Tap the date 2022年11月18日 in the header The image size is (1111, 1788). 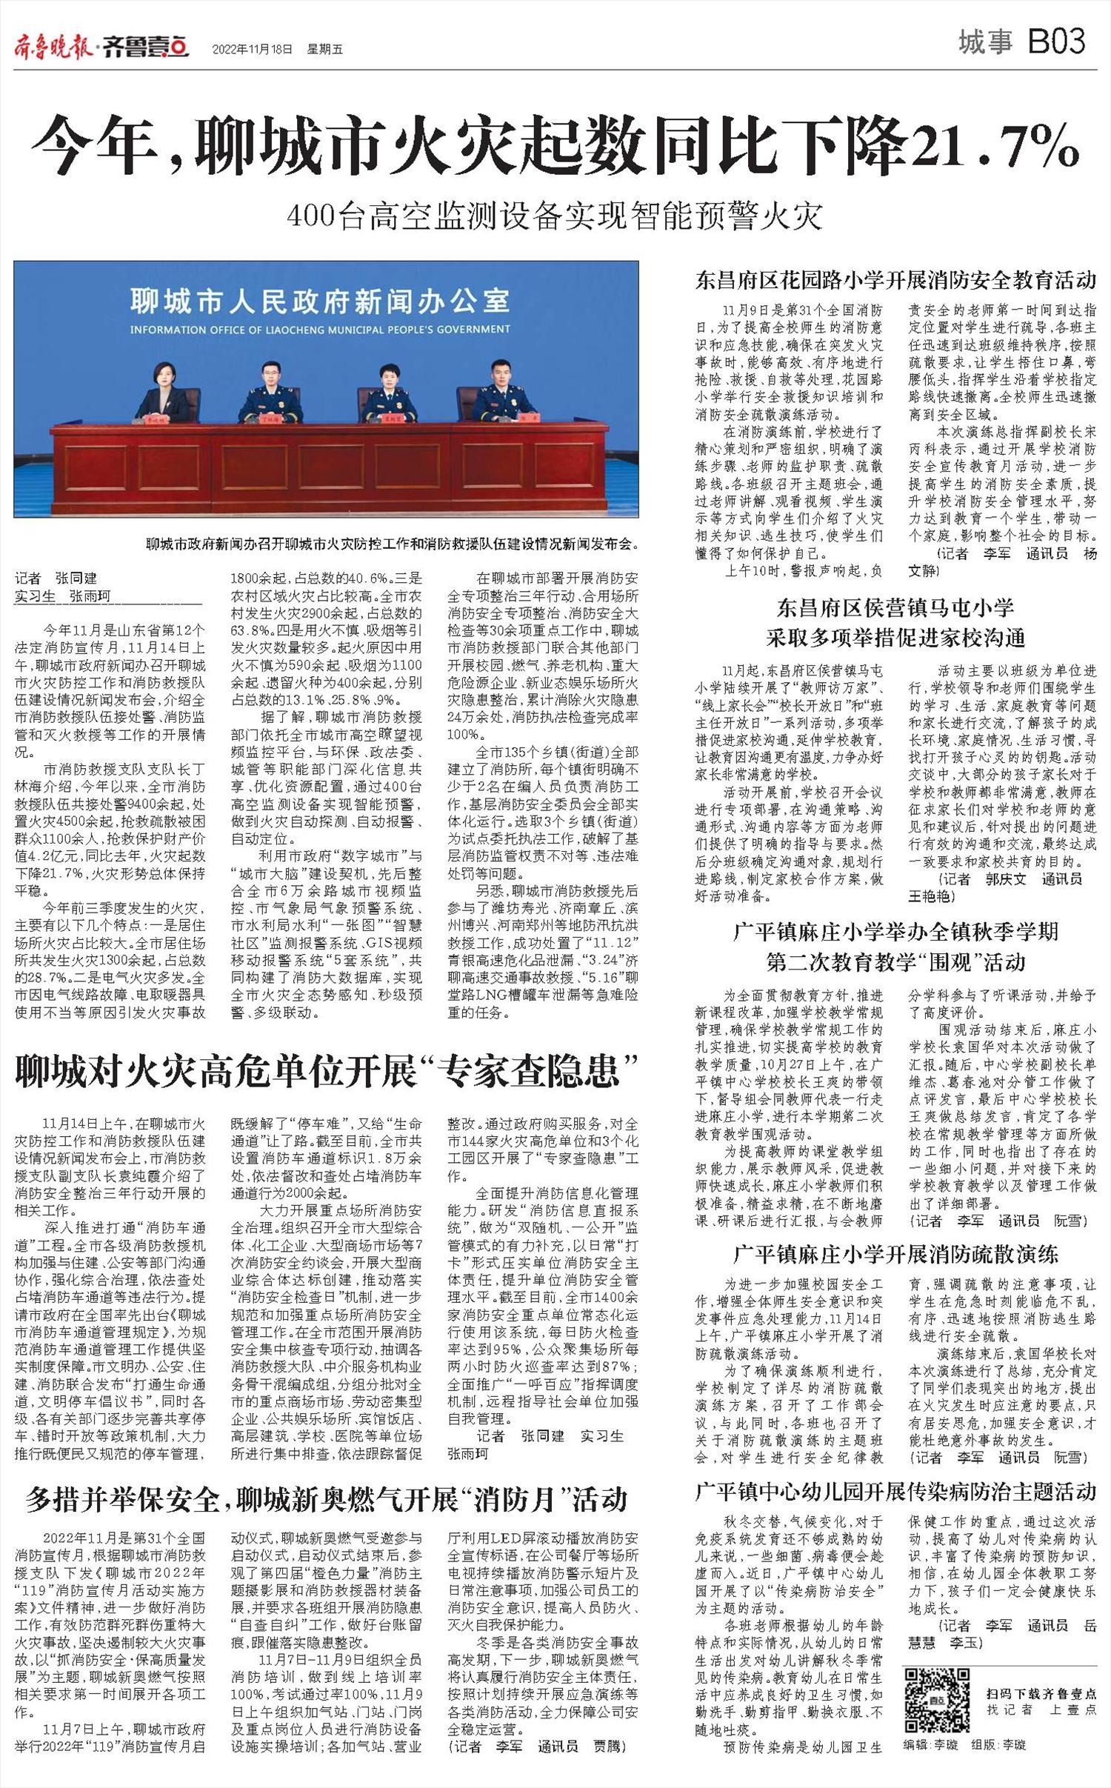[252, 50]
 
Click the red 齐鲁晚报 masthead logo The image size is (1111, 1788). [53, 48]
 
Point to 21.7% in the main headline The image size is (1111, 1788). [995, 145]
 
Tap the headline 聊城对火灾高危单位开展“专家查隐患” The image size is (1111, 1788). [327, 1071]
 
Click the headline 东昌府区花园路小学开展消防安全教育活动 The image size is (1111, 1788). [895, 280]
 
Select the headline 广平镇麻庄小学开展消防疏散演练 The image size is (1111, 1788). [895, 1254]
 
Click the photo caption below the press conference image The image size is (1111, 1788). [392, 544]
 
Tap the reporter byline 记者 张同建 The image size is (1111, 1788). [56, 578]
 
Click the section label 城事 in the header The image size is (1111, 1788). [984, 42]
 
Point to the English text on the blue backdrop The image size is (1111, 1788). [320, 329]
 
